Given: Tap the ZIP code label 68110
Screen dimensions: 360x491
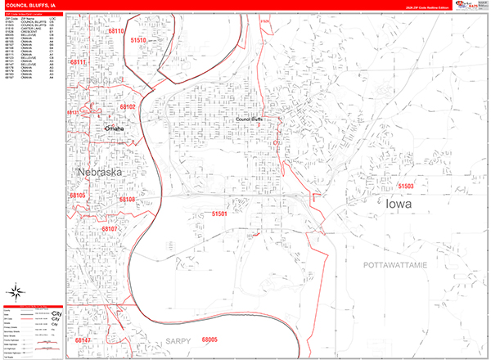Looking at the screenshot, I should (118, 32).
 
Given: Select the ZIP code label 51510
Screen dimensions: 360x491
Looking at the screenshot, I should (138, 40).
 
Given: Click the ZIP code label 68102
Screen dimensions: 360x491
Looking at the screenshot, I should (127, 107).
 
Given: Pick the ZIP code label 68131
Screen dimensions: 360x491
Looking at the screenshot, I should (71, 112).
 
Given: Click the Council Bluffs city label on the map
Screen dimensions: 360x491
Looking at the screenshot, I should (249, 119).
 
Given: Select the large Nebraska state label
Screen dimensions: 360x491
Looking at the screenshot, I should (100, 173).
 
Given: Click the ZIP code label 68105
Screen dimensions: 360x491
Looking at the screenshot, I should (78, 196).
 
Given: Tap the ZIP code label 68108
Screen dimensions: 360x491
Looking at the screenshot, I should (127, 199).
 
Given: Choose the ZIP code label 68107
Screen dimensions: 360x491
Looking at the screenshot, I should (110, 229).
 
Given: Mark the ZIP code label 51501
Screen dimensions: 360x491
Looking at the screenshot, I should (220, 214).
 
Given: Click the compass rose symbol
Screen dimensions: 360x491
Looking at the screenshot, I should (16, 292).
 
